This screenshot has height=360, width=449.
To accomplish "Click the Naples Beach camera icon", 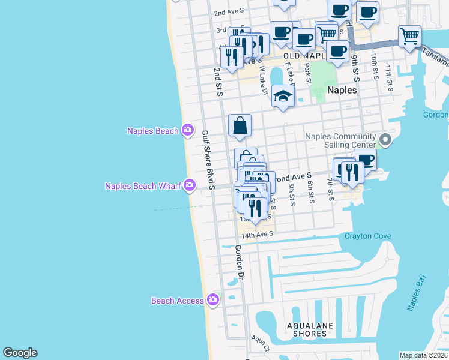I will tap(188, 130).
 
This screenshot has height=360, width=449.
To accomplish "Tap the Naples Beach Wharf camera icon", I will tap(190, 185).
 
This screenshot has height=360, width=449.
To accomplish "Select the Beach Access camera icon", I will tap(212, 299).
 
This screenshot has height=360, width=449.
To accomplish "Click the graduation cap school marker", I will tap(283, 96).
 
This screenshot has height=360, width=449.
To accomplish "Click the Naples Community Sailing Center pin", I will tap(385, 141).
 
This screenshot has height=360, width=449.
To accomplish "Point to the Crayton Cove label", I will tap(367, 236).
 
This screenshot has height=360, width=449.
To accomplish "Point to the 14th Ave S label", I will tap(257, 233).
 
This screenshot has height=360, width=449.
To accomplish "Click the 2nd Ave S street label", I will tap(229, 12).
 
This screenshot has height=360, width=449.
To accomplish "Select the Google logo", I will tap(20, 353).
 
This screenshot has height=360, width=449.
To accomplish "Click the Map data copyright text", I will tap(423, 355).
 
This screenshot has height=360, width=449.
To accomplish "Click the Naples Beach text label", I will tap(152, 131).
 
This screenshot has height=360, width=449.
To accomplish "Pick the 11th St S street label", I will tap(390, 79).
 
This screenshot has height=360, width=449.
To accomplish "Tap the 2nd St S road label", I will tap(218, 82).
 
